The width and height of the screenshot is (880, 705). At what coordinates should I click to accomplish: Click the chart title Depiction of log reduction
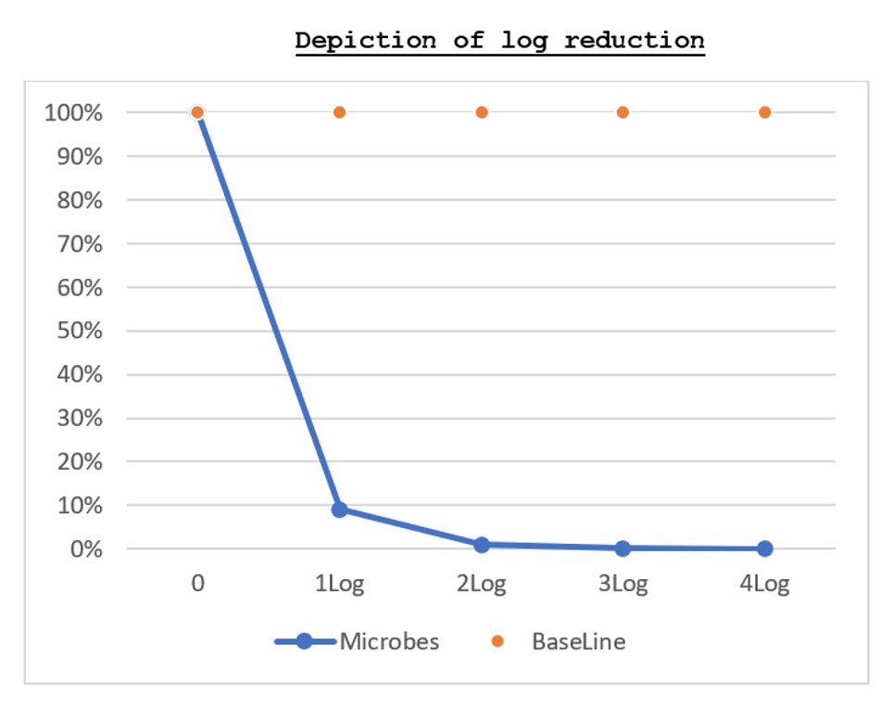[x=499, y=42]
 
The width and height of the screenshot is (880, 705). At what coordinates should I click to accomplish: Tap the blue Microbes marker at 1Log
[x=340, y=510]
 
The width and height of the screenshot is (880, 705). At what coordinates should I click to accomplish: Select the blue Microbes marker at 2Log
[x=482, y=545]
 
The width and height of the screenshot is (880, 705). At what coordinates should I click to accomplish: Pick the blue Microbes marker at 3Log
[x=622, y=548]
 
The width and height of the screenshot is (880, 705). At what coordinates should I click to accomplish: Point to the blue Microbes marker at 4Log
[x=764, y=548]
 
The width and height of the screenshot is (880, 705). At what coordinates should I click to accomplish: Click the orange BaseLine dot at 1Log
[x=340, y=112]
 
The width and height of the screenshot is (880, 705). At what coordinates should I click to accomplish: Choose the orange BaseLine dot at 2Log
[x=482, y=112]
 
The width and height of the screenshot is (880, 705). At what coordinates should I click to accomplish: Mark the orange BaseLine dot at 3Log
[x=622, y=112]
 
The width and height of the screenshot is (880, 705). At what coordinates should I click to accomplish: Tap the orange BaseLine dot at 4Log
[x=764, y=112]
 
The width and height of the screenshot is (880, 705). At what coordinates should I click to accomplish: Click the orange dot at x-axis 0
[x=197, y=112]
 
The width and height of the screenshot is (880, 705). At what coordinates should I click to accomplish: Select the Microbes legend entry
[x=357, y=641]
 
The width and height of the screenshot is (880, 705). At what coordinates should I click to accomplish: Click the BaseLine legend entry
[x=559, y=641]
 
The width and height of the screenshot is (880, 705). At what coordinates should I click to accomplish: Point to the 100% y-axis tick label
[x=73, y=113]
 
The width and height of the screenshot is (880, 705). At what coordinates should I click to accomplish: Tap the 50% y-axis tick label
[x=80, y=331]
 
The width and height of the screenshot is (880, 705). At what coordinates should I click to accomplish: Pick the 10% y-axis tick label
[x=80, y=505]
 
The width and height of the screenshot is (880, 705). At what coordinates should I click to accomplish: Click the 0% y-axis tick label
[x=86, y=549]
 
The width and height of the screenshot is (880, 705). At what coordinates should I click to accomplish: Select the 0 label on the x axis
[x=197, y=584]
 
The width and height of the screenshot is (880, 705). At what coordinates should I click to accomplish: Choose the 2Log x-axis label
[x=482, y=585]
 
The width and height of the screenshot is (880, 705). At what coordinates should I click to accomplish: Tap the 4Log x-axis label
[x=764, y=585]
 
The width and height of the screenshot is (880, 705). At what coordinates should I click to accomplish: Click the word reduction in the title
[x=635, y=41]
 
